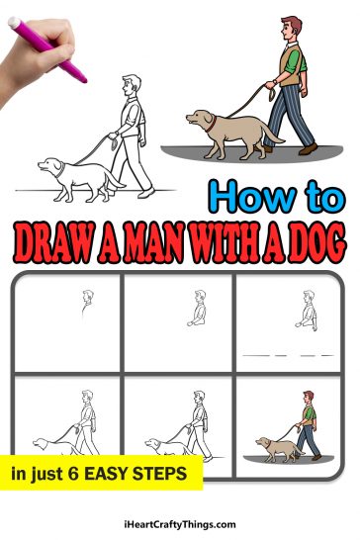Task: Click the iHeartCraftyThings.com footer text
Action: click(x=180, y=525)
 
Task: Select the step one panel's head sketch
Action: click(x=87, y=297)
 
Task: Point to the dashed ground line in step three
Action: click(x=288, y=353)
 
